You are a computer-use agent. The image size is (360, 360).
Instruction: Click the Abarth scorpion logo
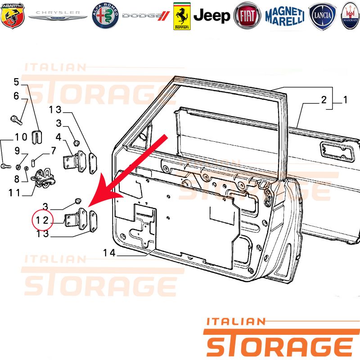[x=13, y=15]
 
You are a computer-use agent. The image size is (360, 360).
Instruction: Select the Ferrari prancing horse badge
[x=182, y=16]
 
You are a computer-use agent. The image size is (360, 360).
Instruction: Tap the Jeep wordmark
[x=211, y=16]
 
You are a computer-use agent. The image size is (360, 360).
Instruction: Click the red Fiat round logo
[x=247, y=16]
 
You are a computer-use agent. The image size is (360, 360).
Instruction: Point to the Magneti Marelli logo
[x=285, y=16]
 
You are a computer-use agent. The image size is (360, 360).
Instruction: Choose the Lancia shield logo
[x=322, y=16]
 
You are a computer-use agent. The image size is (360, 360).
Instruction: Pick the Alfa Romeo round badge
[x=105, y=16]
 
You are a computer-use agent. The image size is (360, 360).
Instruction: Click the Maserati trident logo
[x=351, y=16]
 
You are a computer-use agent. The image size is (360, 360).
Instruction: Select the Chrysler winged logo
[x=58, y=16]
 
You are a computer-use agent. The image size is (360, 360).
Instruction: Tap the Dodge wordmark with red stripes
[x=146, y=16]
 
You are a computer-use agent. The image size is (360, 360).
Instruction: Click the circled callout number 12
[x=42, y=220]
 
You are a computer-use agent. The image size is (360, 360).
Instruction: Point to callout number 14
[x=109, y=253]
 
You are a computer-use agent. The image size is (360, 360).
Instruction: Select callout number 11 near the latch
[x=14, y=193]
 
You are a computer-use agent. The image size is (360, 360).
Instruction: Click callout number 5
[x=16, y=82]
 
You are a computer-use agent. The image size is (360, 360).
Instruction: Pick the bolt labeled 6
[x=16, y=120]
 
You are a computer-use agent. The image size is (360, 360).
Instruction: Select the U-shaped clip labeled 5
[x=37, y=137]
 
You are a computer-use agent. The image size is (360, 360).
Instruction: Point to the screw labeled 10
[x=6, y=166]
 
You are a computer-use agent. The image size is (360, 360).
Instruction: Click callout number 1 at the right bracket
[x=345, y=99]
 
